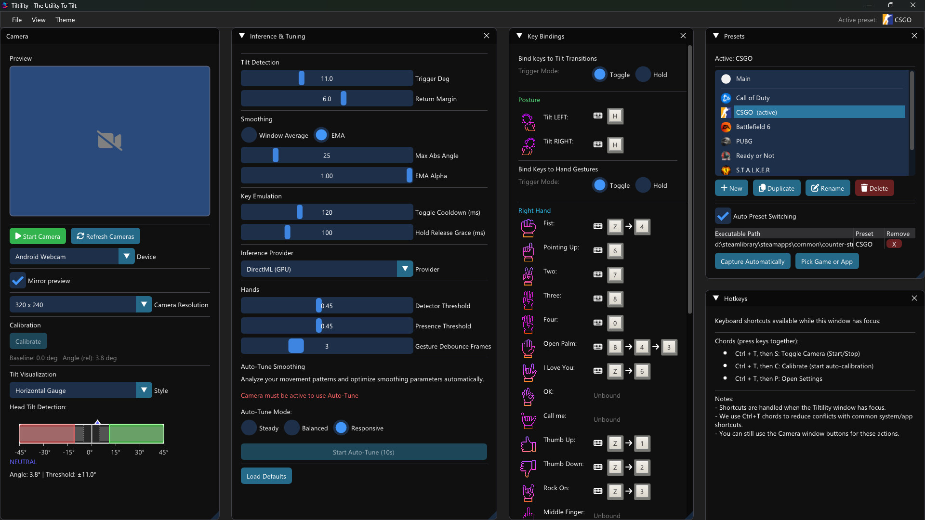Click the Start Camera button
coord(38,236)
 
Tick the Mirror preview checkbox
coord(18,281)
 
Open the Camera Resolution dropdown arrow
coord(144,305)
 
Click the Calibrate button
coord(28,341)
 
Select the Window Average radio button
coord(249,135)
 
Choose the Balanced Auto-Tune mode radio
coord(292,428)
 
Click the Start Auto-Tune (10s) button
coord(364,452)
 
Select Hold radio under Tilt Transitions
coord(643,75)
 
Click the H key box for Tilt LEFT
coord(615,116)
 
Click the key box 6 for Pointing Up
coord(615,251)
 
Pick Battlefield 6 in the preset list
coord(753,127)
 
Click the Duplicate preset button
coord(777,188)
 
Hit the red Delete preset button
coord(874,188)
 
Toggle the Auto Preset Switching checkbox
coord(723,216)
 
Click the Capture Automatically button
coord(753,261)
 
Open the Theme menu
coord(65,20)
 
